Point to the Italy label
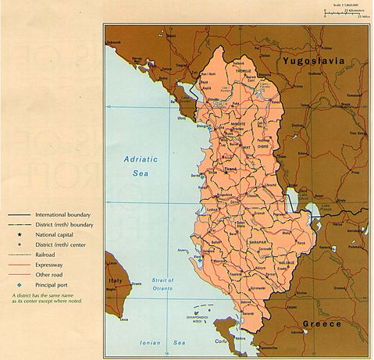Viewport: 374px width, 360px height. pyautogui.click(x=116, y=279)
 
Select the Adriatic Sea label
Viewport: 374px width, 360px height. pyautogui.click(x=140, y=166)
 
